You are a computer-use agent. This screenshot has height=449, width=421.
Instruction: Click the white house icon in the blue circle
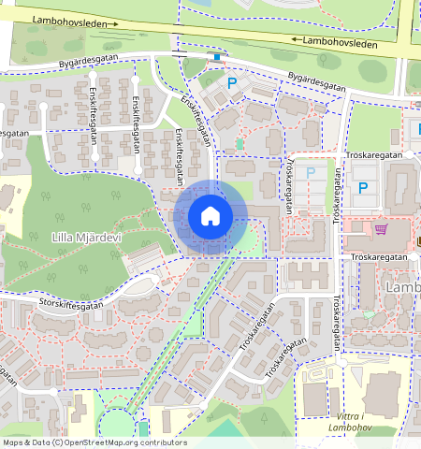tap(210, 216)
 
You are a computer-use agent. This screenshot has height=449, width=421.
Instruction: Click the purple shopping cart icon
tap(381, 228)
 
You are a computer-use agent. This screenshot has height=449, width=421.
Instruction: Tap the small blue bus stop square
tap(219, 57)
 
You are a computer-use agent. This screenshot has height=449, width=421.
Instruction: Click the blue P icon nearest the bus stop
tap(232, 83)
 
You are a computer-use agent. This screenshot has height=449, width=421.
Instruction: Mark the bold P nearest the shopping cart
tap(363, 188)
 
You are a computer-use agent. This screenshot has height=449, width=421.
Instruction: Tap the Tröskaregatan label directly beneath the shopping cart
tap(379, 255)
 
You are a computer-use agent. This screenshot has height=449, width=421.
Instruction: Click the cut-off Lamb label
tap(403, 288)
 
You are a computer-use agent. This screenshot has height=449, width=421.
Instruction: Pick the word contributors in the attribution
tap(158, 442)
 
